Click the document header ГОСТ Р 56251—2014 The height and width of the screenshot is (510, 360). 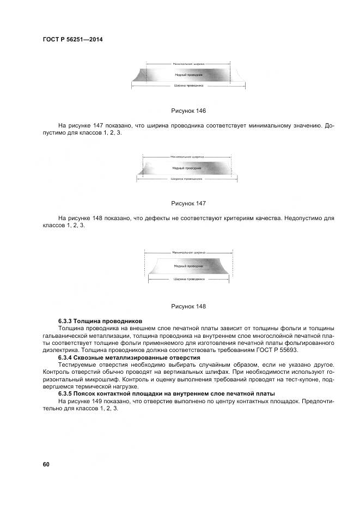(x=73, y=40)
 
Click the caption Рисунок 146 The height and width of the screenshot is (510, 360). (x=188, y=111)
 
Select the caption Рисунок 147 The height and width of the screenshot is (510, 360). (x=188, y=203)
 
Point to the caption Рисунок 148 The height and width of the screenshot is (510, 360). (x=188, y=306)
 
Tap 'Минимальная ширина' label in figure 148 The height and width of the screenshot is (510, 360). (x=188, y=253)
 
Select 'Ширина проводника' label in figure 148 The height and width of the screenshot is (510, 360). (x=188, y=278)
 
